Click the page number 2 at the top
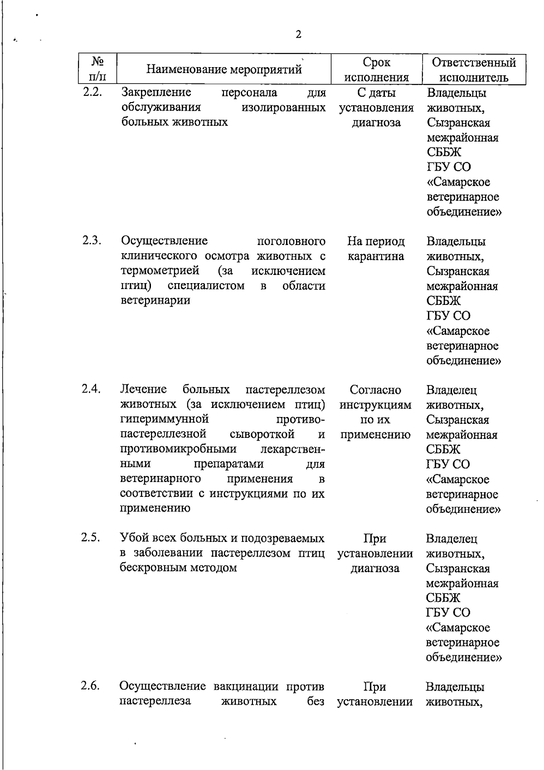298,34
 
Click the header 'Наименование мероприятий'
224,69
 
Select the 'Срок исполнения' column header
376,69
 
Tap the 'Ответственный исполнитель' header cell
474,69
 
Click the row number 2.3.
92,240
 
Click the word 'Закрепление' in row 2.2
156,93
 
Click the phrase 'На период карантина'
376,249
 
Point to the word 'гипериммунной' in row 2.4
164,419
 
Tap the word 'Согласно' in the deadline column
375,390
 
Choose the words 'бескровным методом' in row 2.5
178,568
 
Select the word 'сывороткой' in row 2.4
262,434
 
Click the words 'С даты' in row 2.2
376,93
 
